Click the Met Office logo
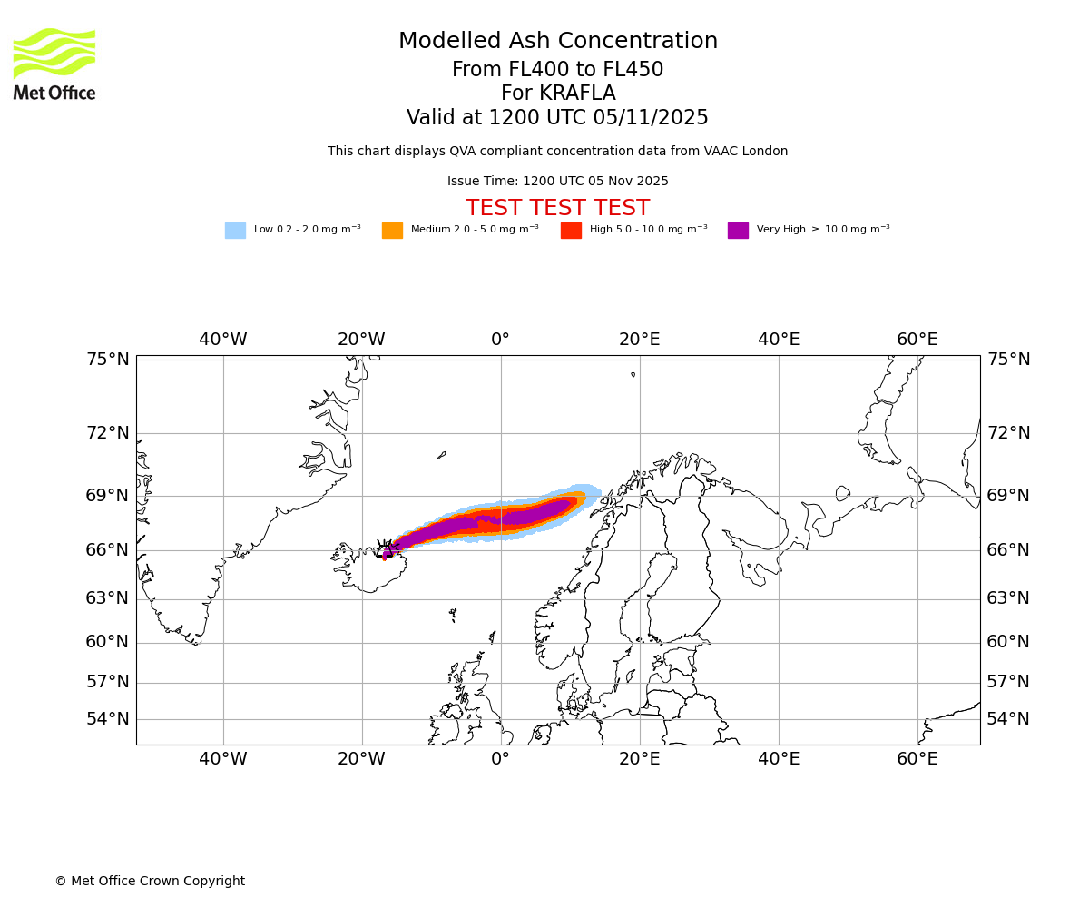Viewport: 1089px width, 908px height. (54, 64)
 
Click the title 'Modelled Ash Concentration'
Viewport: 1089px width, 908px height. (557, 42)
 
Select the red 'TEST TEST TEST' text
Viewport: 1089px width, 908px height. (557, 209)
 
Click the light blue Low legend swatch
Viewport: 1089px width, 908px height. (235, 230)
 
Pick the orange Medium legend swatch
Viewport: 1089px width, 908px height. (392, 230)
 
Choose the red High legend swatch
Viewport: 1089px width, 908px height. (571, 230)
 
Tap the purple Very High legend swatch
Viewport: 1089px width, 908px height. (738, 230)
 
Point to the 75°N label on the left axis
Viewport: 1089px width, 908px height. (108, 360)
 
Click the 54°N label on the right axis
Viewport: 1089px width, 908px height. (1008, 719)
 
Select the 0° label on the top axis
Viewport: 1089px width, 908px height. (500, 340)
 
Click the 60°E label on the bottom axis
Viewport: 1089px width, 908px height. (917, 759)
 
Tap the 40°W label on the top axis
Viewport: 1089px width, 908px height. (222, 340)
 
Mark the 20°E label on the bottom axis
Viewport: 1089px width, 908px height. (639, 759)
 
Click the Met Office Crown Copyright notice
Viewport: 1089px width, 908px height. (150, 881)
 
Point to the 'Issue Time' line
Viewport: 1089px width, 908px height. (557, 182)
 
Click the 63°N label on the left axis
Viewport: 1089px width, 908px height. (108, 598)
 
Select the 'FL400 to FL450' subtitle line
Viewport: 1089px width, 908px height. (557, 70)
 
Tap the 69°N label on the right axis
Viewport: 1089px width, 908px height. (1008, 496)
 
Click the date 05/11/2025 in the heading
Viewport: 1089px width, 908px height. (651, 118)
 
